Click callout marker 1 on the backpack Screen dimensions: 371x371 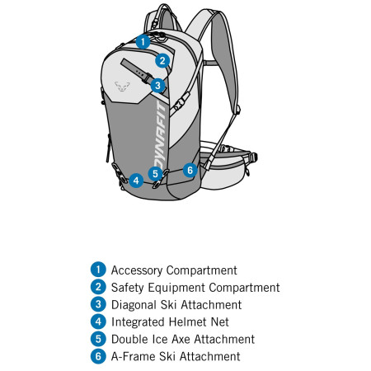click(143, 40)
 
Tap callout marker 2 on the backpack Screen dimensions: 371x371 click(163, 59)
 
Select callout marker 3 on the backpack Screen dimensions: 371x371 click(157, 84)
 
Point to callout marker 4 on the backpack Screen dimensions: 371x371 click(136, 180)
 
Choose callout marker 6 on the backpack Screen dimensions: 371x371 click(189, 171)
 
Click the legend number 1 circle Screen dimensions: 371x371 click(99, 270)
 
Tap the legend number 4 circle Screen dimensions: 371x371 click(99, 322)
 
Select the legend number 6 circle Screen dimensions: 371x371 click(99, 356)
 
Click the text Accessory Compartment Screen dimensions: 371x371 click(174, 270)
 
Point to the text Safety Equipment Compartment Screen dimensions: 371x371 click(195, 288)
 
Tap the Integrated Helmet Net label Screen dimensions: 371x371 click(170, 322)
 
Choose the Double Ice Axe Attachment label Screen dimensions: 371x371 click(183, 339)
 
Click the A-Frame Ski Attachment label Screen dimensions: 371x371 click(176, 356)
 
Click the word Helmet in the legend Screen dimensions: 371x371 click(188, 322)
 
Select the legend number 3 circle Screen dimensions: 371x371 click(99, 304)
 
